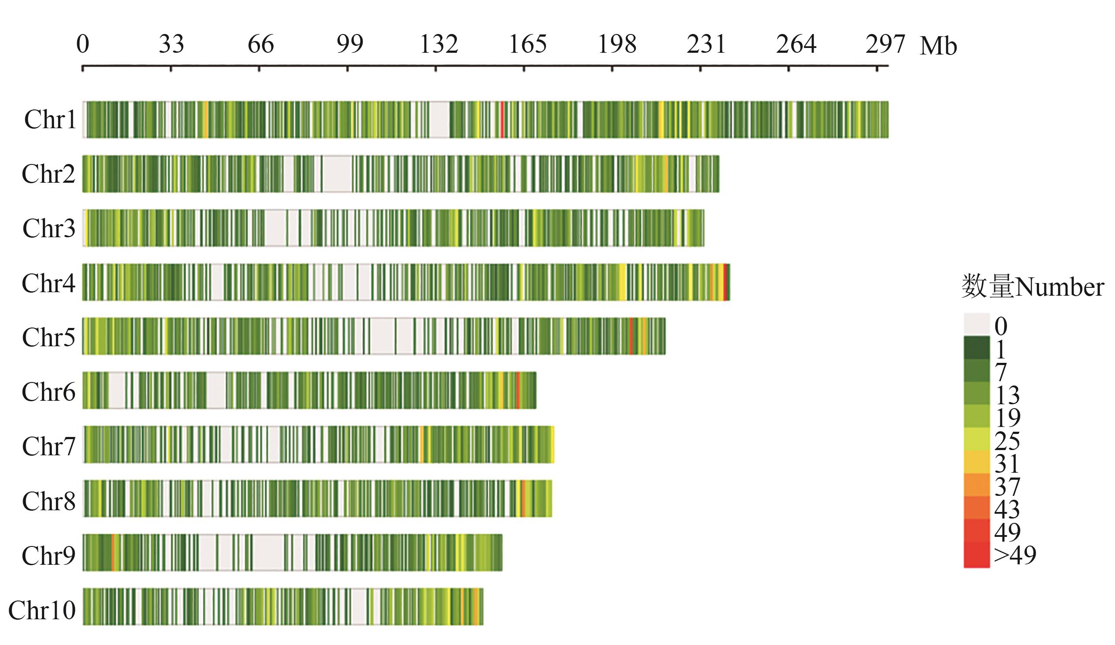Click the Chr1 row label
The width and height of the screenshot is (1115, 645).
pyautogui.click(x=50, y=119)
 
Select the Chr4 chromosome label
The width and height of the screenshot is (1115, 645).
pyautogui.click(x=49, y=283)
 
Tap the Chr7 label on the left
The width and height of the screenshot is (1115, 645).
pyautogui.click(x=49, y=446)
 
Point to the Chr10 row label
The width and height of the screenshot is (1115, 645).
pyautogui.click(x=42, y=610)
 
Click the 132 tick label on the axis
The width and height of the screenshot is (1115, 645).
pyautogui.click(x=438, y=44)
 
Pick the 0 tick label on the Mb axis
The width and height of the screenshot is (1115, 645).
pyautogui.click(x=83, y=44)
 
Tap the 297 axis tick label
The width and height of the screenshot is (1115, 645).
pyautogui.click(x=885, y=44)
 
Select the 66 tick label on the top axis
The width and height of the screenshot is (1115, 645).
pyautogui.click(x=260, y=44)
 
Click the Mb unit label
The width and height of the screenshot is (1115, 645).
pyautogui.click(x=938, y=46)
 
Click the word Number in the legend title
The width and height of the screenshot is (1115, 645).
pyautogui.click(x=1059, y=287)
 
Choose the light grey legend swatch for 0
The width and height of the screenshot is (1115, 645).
pyautogui.click(x=977, y=324)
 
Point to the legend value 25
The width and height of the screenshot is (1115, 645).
pyautogui.click(x=1007, y=440)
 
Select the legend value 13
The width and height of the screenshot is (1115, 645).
pyautogui.click(x=1007, y=395)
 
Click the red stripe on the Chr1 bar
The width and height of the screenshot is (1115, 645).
pyautogui.click(x=502, y=119)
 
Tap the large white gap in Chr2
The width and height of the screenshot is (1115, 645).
pyautogui.click(x=337, y=174)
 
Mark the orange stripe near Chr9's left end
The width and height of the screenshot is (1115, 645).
pyautogui.click(x=113, y=553)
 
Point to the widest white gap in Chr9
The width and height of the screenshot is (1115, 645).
pyautogui.click(x=268, y=553)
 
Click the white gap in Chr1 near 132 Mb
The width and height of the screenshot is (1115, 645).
pyautogui.click(x=439, y=119)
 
